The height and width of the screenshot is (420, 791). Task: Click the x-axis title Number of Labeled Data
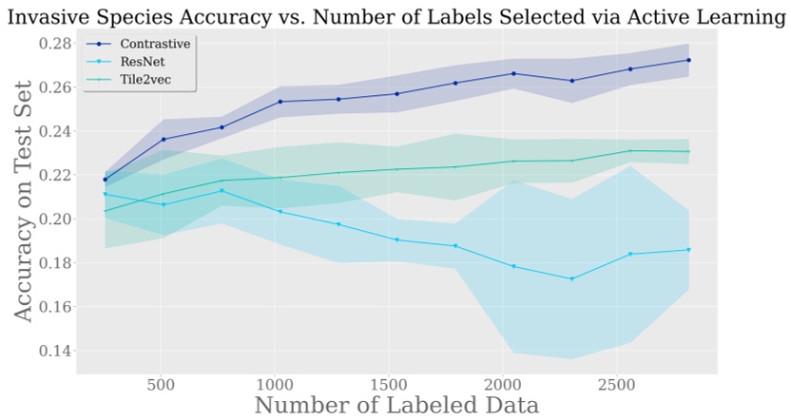click(x=396, y=406)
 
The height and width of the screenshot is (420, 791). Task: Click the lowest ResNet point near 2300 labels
click(x=571, y=278)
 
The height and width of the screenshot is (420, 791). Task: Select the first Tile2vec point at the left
click(x=106, y=211)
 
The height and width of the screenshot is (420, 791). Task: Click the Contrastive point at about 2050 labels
click(x=513, y=73)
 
